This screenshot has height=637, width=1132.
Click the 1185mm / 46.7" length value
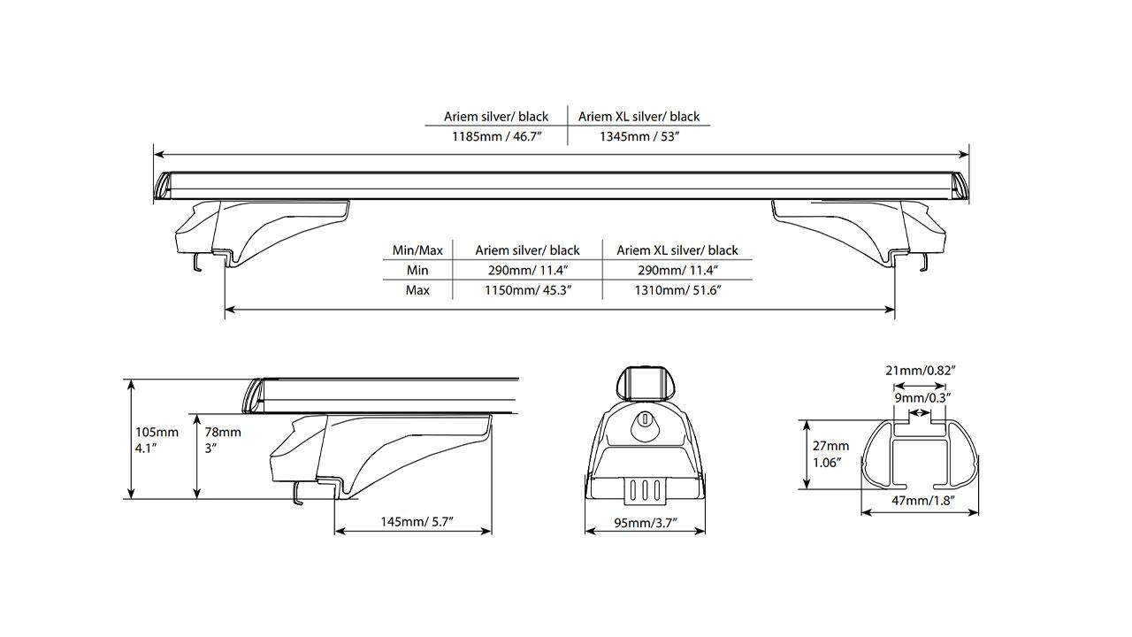(x=497, y=136)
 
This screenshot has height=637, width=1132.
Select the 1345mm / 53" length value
(x=639, y=136)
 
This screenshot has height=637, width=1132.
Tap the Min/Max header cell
(x=417, y=250)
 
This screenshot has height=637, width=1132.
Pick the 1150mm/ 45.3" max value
(x=528, y=290)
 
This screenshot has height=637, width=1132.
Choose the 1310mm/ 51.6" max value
(x=677, y=290)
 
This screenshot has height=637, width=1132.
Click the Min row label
(x=417, y=270)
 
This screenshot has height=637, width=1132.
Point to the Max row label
(x=417, y=290)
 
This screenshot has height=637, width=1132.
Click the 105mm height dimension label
(x=157, y=440)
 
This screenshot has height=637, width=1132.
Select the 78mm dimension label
(x=223, y=440)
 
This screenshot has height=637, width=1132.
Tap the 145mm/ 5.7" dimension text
(x=417, y=521)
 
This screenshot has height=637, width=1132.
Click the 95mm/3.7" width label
(x=646, y=522)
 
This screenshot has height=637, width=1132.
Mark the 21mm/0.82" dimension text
(x=921, y=371)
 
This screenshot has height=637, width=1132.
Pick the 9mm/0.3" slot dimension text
(x=921, y=398)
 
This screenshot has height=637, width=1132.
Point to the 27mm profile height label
(x=830, y=454)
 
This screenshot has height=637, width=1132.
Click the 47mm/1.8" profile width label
(x=922, y=501)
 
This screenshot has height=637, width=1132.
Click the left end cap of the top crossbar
(x=163, y=187)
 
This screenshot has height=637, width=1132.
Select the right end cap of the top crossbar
(x=960, y=187)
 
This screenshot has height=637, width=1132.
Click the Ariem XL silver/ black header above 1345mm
(x=639, y=117)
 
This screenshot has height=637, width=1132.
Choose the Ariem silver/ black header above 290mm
(x=527, y=250)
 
